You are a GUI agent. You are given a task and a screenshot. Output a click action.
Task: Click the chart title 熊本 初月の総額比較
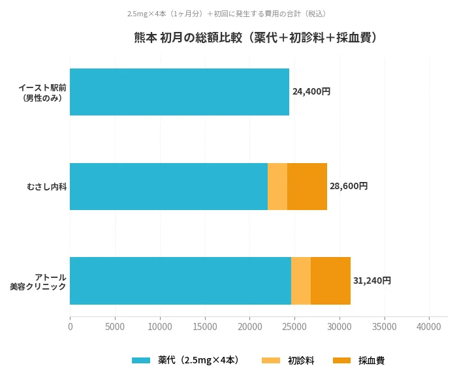point(255,38)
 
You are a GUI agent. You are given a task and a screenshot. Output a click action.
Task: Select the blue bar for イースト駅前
point(179,92)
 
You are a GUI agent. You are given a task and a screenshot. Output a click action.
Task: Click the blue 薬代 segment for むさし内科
point(168,187)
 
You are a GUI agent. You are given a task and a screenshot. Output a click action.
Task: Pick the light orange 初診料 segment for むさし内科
point(277,187)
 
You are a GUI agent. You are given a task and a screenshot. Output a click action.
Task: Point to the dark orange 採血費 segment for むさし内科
point(307,187)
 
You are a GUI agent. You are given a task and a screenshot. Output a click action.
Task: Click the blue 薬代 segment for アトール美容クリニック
point(180,280)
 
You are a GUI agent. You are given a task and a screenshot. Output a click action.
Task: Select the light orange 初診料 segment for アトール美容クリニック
point(301,280)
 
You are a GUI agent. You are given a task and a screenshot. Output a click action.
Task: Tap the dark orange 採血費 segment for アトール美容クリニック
point(330,280)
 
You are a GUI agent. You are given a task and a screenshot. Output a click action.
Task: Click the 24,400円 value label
point(311,92)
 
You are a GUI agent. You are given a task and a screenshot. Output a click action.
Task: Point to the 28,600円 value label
point(349,186)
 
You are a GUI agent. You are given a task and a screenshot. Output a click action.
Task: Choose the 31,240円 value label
point(372,280)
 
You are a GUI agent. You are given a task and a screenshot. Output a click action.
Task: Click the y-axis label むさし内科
point(46,187)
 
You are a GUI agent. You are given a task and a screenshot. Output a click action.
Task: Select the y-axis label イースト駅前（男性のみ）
point(42,92)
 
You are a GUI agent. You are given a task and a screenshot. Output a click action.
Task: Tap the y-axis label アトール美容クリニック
point(39,281)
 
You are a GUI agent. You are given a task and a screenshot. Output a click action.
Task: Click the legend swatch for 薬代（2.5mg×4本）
point(141,360)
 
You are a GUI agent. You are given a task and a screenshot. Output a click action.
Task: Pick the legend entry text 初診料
point(301,360)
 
